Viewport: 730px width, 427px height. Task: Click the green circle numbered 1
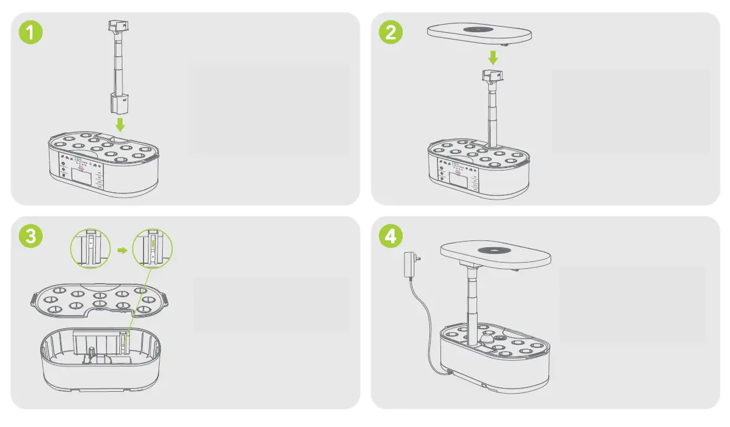(30, 32)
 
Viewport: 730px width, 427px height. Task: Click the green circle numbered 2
(390, 32)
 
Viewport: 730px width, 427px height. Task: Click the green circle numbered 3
(30, 236)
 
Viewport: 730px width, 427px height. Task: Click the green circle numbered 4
(390, 236)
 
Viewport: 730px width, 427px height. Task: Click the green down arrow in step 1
(120, 124)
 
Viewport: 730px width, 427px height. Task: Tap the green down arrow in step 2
(492, 57)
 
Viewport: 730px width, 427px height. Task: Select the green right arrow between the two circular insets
(122, 250)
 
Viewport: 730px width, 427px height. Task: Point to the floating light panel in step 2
(480, 33)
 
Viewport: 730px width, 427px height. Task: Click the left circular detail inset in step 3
(90, 248)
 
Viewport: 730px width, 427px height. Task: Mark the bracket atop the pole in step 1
(117, 27)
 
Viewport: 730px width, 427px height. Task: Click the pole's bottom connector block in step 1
(120, 103)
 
